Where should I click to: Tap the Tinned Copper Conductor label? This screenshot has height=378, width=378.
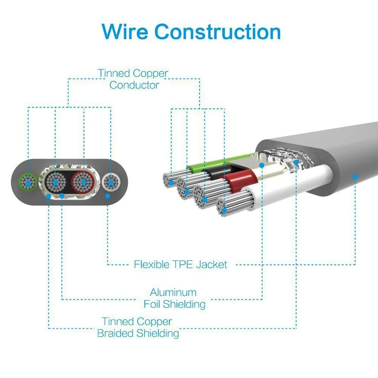pos(133,79)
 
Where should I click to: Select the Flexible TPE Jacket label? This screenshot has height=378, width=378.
pos(180,264)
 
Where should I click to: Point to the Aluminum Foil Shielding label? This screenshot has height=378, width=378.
pos(174,298)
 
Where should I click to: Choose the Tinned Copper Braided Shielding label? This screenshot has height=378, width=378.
pos(137,328)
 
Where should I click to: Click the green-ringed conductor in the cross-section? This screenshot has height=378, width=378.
pos(28,182)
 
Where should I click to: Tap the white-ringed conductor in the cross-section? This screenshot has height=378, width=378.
pos(111,183)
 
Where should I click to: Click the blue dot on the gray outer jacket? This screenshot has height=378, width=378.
pos(355,177)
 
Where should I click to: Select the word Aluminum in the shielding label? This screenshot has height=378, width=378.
pos(173,293)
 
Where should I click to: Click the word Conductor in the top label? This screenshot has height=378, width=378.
pos(134,85)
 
